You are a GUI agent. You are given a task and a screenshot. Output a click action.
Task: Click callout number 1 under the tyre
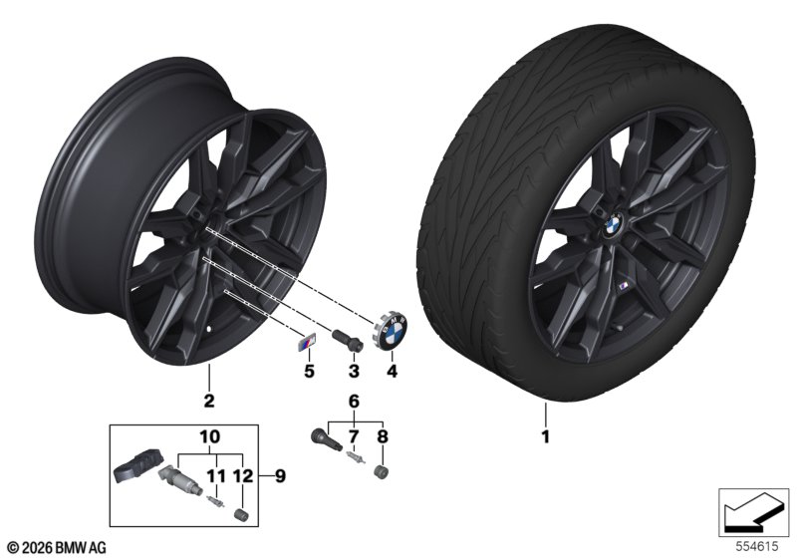(x=545, y=436)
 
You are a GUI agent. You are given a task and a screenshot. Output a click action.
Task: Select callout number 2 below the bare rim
(x=209, y=401)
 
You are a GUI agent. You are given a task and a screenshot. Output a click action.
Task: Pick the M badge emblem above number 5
(x=306, y=344)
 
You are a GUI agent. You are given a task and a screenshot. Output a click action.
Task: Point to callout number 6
(x=354, y=402)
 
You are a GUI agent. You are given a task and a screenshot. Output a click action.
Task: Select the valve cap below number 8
(x=381, y=472)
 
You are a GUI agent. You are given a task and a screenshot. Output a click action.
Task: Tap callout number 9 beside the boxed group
(x=280, y=476)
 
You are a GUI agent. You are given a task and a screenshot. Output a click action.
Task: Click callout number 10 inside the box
(x=210, y=436)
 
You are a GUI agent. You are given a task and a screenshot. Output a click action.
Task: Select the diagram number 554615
(x=757, y=546)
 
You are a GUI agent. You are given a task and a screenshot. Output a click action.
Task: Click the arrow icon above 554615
(x=753, y=511)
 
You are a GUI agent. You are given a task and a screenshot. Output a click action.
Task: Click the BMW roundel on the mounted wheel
(x=615, y=222)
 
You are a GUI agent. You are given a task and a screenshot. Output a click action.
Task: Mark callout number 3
(x=354, y=371)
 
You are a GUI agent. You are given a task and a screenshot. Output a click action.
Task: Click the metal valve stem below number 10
(x=181, y=480)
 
